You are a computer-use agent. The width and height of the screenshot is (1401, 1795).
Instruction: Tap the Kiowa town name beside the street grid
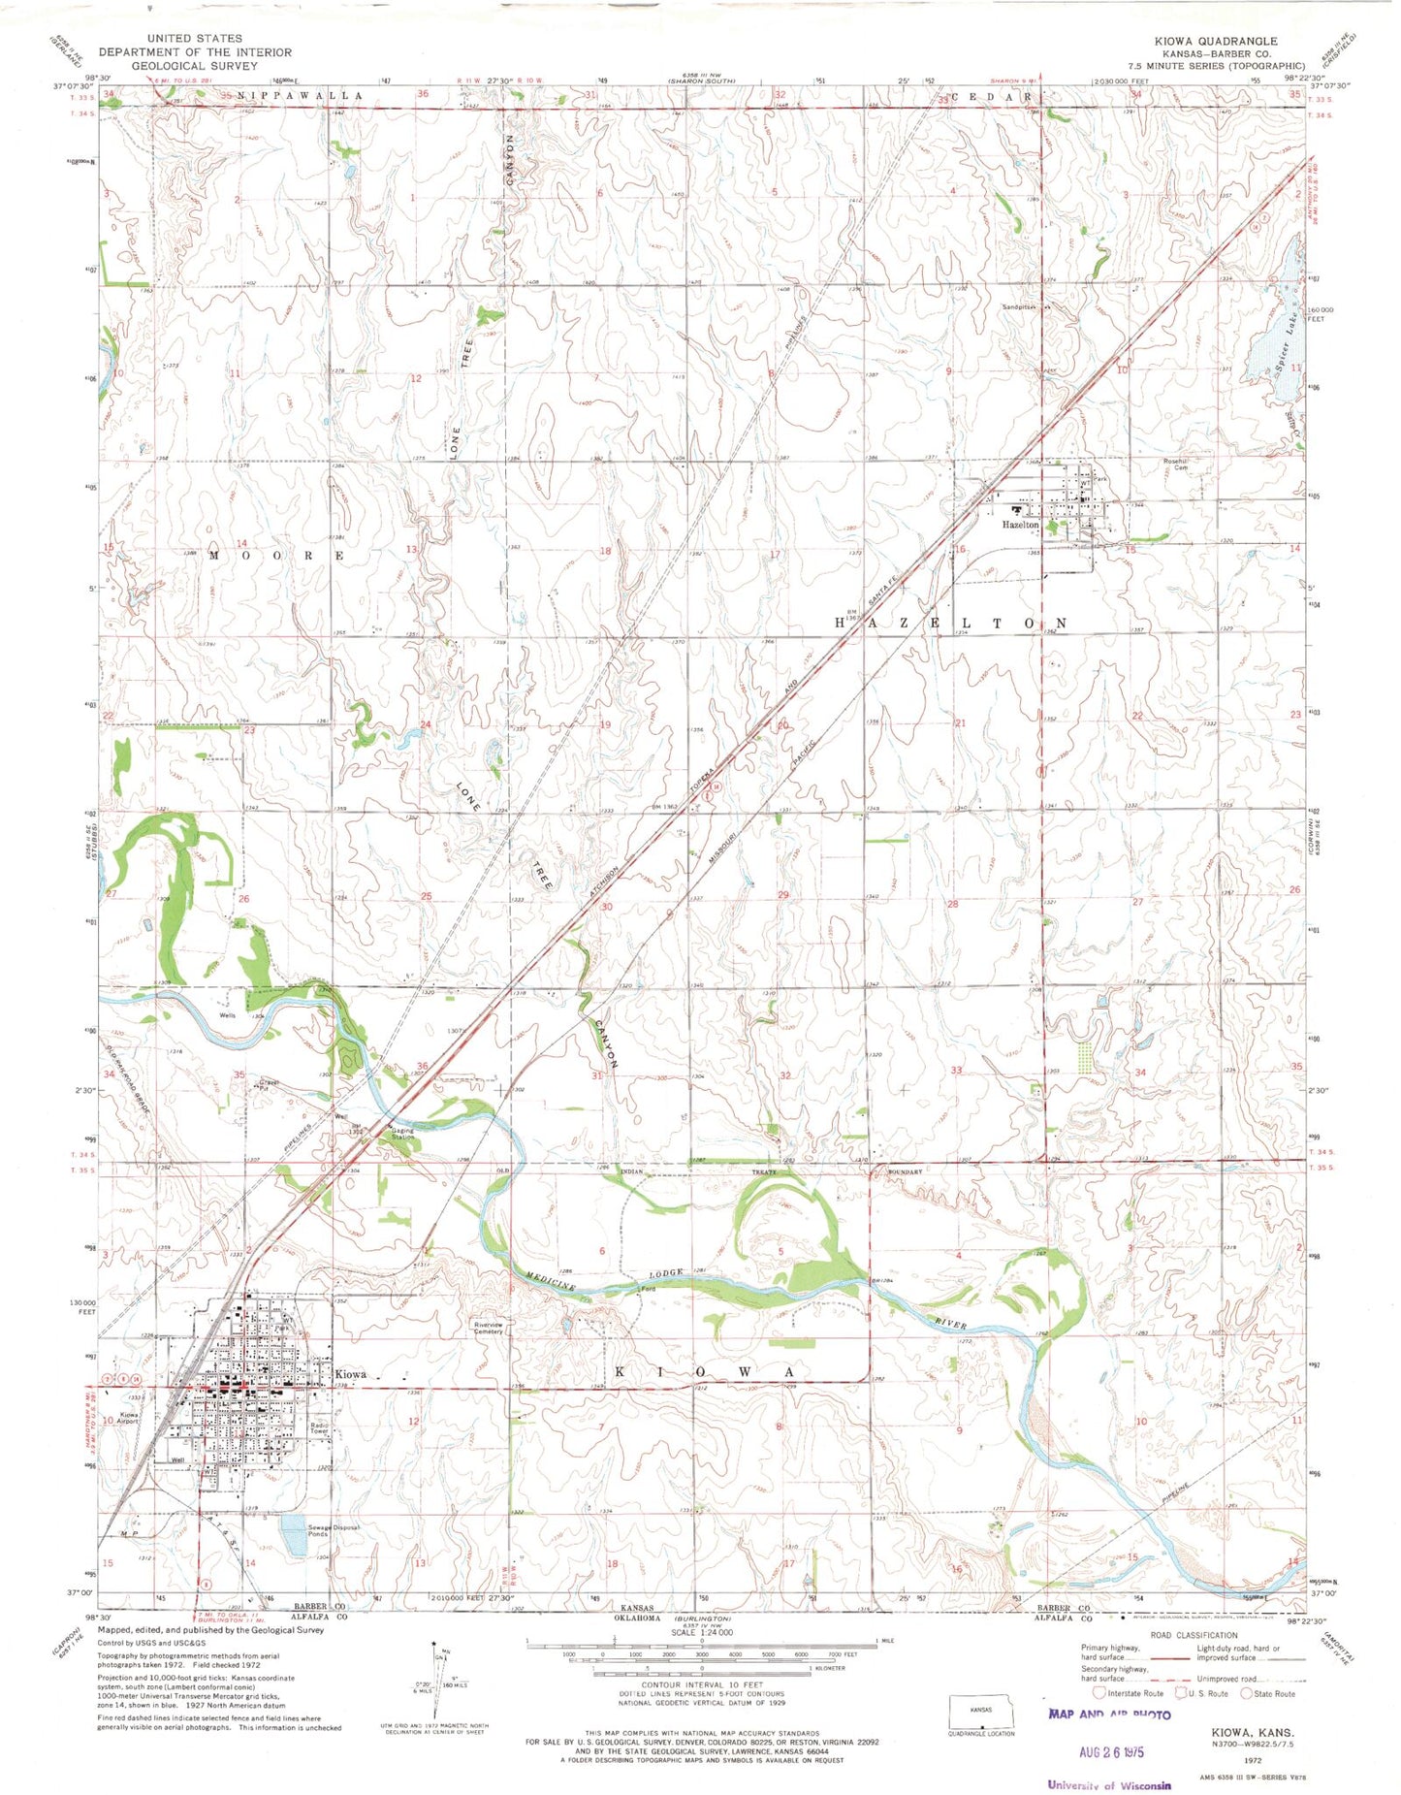point(350,1374)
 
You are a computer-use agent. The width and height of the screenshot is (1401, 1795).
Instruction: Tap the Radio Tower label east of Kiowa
point(320,1426)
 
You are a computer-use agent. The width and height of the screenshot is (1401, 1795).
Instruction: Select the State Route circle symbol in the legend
point(1246,1693)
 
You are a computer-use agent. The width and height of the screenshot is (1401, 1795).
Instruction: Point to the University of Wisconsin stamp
point(1108,1785)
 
